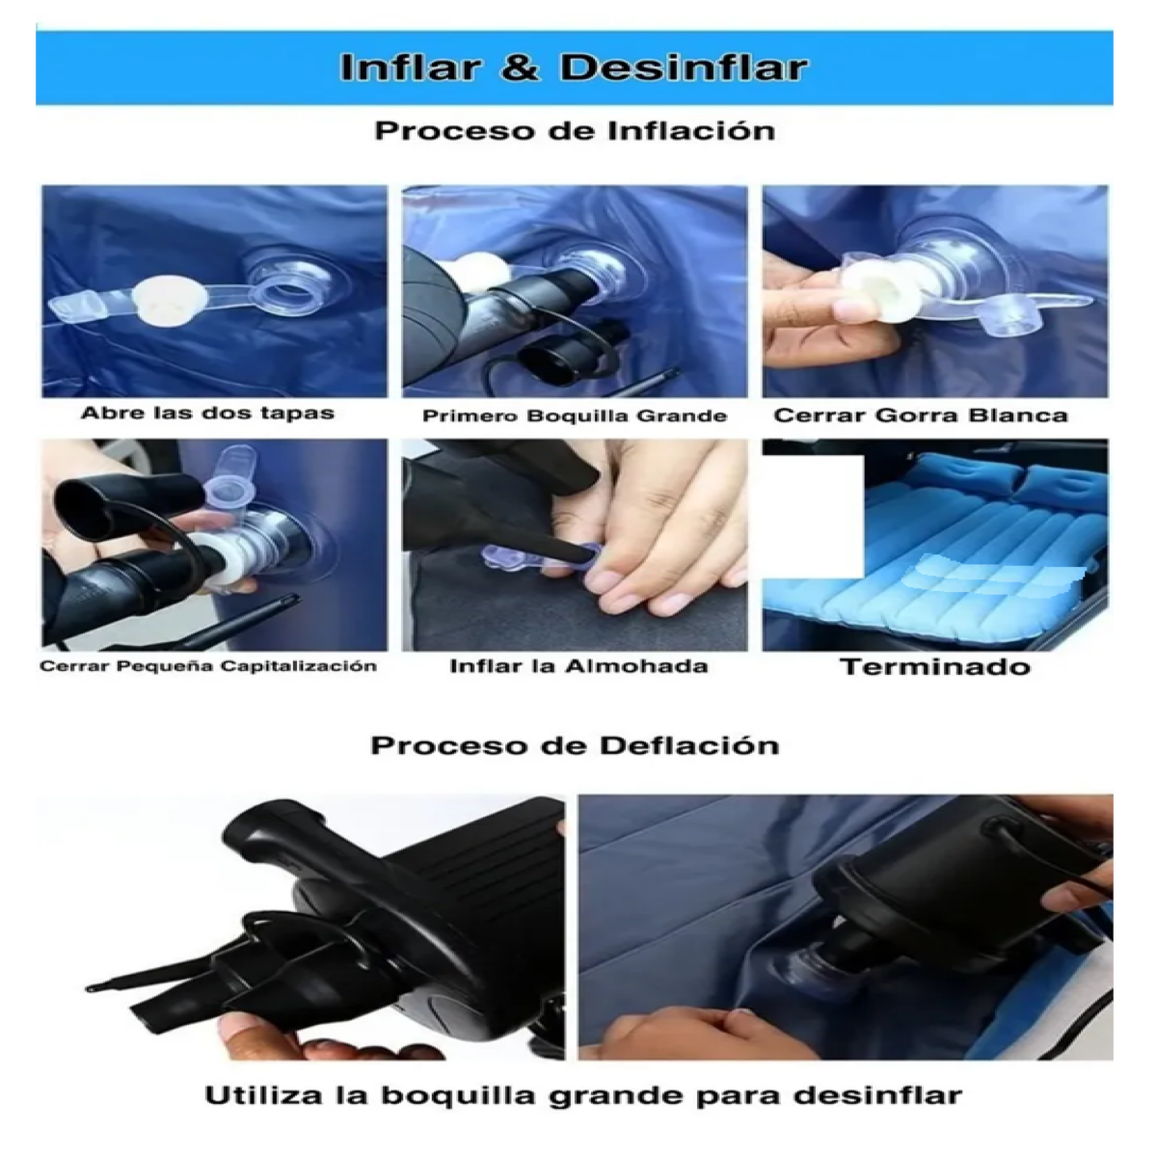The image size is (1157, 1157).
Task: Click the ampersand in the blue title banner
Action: (x=520, y=68)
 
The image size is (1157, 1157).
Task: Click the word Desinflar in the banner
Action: (x=683, y=68)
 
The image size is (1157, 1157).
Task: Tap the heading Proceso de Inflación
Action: (x=575, y=131)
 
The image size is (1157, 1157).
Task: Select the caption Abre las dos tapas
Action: (x=207, y=414)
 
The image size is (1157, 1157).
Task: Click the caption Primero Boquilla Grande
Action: (x=575, y=417)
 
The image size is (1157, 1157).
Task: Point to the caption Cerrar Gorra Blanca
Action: (x=921, y=417)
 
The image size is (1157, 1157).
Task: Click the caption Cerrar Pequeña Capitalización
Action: (x=208, y=666)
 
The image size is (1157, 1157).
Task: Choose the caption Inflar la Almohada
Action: (x=578, y=666)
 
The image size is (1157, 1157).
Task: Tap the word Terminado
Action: (x=934, y=667)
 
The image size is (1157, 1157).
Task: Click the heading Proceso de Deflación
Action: (x=575, y=745)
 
